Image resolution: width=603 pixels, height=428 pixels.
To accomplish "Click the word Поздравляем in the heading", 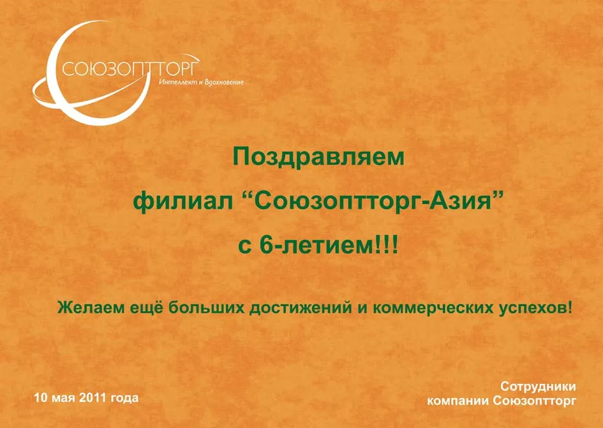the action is (x=319, y=158).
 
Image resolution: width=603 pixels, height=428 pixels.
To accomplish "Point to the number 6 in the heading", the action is (x=266, y=246).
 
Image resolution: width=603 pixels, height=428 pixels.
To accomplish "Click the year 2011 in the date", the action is (x=93, y=397).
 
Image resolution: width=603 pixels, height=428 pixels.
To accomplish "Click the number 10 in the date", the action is (x=41, y=397).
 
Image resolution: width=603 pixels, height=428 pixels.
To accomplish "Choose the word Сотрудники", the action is (x=538, y=387).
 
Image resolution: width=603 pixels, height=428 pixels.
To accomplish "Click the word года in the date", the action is (x=124, y=398).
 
